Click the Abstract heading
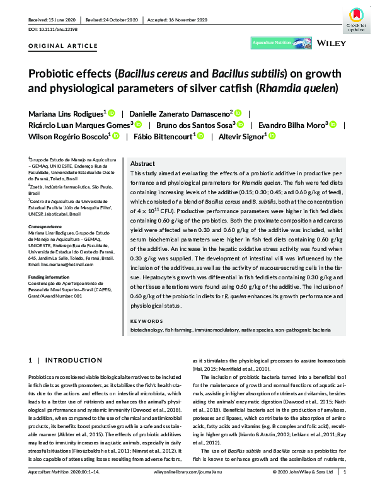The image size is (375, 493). [142, 163]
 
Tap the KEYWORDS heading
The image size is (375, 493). [146, 322]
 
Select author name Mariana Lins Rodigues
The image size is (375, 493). [67, 113]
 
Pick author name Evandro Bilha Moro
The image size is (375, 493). [289, 124]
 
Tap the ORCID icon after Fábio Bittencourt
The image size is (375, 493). [201, 136]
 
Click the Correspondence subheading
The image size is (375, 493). [45, 224]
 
